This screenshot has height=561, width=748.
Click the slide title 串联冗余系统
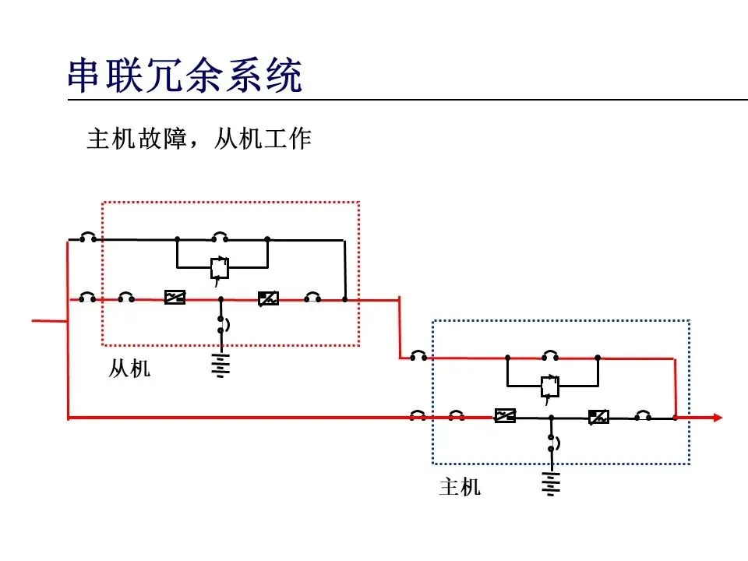click(x=184, y=77)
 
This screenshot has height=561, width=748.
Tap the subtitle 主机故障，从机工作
click(x=199, y=139)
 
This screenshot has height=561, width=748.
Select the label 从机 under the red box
click(x=129, y=369)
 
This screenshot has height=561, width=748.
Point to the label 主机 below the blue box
click(x=460, y=488)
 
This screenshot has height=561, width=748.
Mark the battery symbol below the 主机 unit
click(x=551, y=483)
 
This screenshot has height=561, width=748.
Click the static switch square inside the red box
click(x=220, y=268)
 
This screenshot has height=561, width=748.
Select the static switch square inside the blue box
click(x=550, y=386)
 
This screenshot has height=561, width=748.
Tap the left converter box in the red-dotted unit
click(x=175, y=298)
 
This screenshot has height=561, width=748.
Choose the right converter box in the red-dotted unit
click(x=268, y=298)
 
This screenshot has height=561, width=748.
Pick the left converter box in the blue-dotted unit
click(x=505, y=416)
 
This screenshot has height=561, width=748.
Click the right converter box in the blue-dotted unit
click(x=598, y=417)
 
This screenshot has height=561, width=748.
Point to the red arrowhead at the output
click(x=716, y=418)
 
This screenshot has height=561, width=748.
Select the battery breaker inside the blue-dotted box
click(x=552, y=443)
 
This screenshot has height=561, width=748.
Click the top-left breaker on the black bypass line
click(x=88, y=237)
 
